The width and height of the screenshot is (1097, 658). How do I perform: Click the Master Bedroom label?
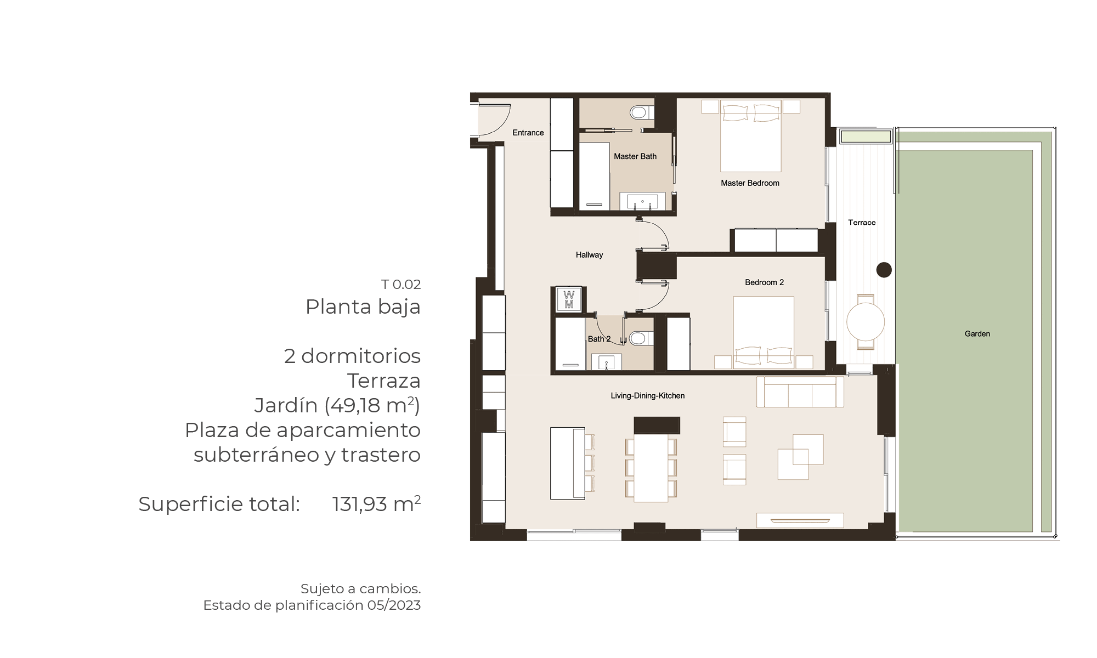coord(750,183)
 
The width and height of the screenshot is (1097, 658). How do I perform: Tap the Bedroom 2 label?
coord(764,282)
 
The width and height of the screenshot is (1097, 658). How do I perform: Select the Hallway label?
coord(589,255)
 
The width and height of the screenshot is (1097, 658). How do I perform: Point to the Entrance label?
coord(528,133)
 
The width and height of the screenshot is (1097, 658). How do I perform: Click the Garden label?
coord(977,333)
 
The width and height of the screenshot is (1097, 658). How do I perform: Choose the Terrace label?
coord(862,223)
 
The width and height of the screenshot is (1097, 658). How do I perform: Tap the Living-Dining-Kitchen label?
coord(648,396)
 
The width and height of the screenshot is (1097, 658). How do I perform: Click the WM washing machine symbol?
coord(569,299)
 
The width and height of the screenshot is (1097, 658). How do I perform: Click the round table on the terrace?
coord(866,322)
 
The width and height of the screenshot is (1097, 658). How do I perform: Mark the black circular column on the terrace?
coord(884,270)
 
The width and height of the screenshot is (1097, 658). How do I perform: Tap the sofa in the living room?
coord(800,392)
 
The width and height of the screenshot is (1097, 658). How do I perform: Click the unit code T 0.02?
coord(401,285)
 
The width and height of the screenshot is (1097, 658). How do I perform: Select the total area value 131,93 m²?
coord(376,504)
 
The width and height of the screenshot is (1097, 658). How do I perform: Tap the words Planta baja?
coord(363,307)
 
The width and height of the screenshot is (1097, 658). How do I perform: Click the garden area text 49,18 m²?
coord(372,405)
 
